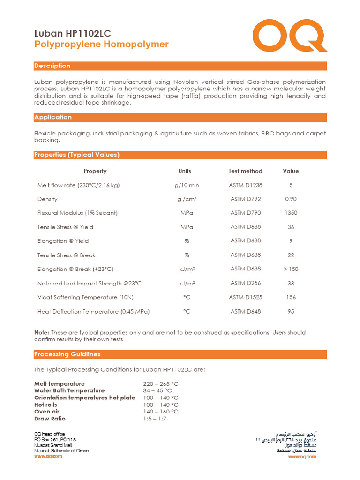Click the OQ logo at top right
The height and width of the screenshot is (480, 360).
tap(290, 37)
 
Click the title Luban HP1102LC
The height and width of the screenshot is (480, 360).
tap(73, 33)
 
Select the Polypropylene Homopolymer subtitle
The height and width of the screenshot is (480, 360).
tap(101, 45)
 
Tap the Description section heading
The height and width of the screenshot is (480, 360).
tap(52, 66)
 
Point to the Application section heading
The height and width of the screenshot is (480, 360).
tap(53, 117)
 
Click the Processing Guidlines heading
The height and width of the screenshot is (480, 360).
tap(67, 354)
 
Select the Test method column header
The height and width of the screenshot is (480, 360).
tap(245, 171)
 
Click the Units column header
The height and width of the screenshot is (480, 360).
tap(185, 171)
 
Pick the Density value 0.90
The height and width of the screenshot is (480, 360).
tap(291, 199)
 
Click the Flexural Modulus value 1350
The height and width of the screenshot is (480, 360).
tap(291, 213)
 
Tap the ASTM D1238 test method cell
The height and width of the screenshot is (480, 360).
tap(245, 185)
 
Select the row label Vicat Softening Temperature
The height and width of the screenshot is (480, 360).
tap(77, 298)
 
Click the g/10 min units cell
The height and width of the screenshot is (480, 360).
tap(186, 185)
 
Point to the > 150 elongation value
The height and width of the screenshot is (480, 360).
tap(291, 269)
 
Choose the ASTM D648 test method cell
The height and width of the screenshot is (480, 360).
tap(245, 311)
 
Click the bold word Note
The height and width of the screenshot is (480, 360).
tap(42, 332)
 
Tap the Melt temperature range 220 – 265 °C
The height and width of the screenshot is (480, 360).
tap(161, 384)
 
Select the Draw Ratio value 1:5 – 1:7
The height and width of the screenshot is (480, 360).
tap(154, 419)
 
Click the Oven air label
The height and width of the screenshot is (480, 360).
tap(47, 412)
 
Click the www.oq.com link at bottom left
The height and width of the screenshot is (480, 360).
tap(48, 456)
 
